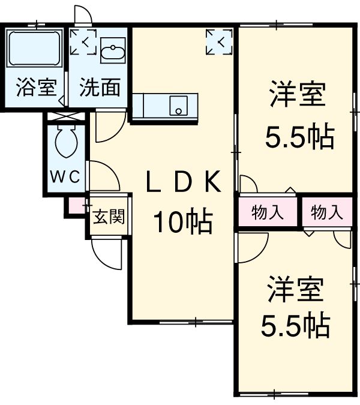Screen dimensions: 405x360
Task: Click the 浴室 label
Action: [x=35, y=88]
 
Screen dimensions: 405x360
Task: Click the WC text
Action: [x=64, y=177]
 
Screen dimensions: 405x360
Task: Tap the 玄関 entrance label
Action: [x=109, y=215]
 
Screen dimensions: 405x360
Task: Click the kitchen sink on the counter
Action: [x=178, y=107]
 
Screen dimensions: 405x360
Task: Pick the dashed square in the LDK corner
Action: [x=218, y=41]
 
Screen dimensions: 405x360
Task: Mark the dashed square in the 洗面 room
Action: [x=82, y=41]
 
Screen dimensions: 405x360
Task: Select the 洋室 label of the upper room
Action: [x=298, y=97]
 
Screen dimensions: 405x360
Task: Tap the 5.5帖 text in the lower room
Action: [x=295, y=325]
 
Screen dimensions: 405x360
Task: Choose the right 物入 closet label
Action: [x=327, y=212]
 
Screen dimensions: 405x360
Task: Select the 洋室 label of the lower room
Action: [x=295, y=290]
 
